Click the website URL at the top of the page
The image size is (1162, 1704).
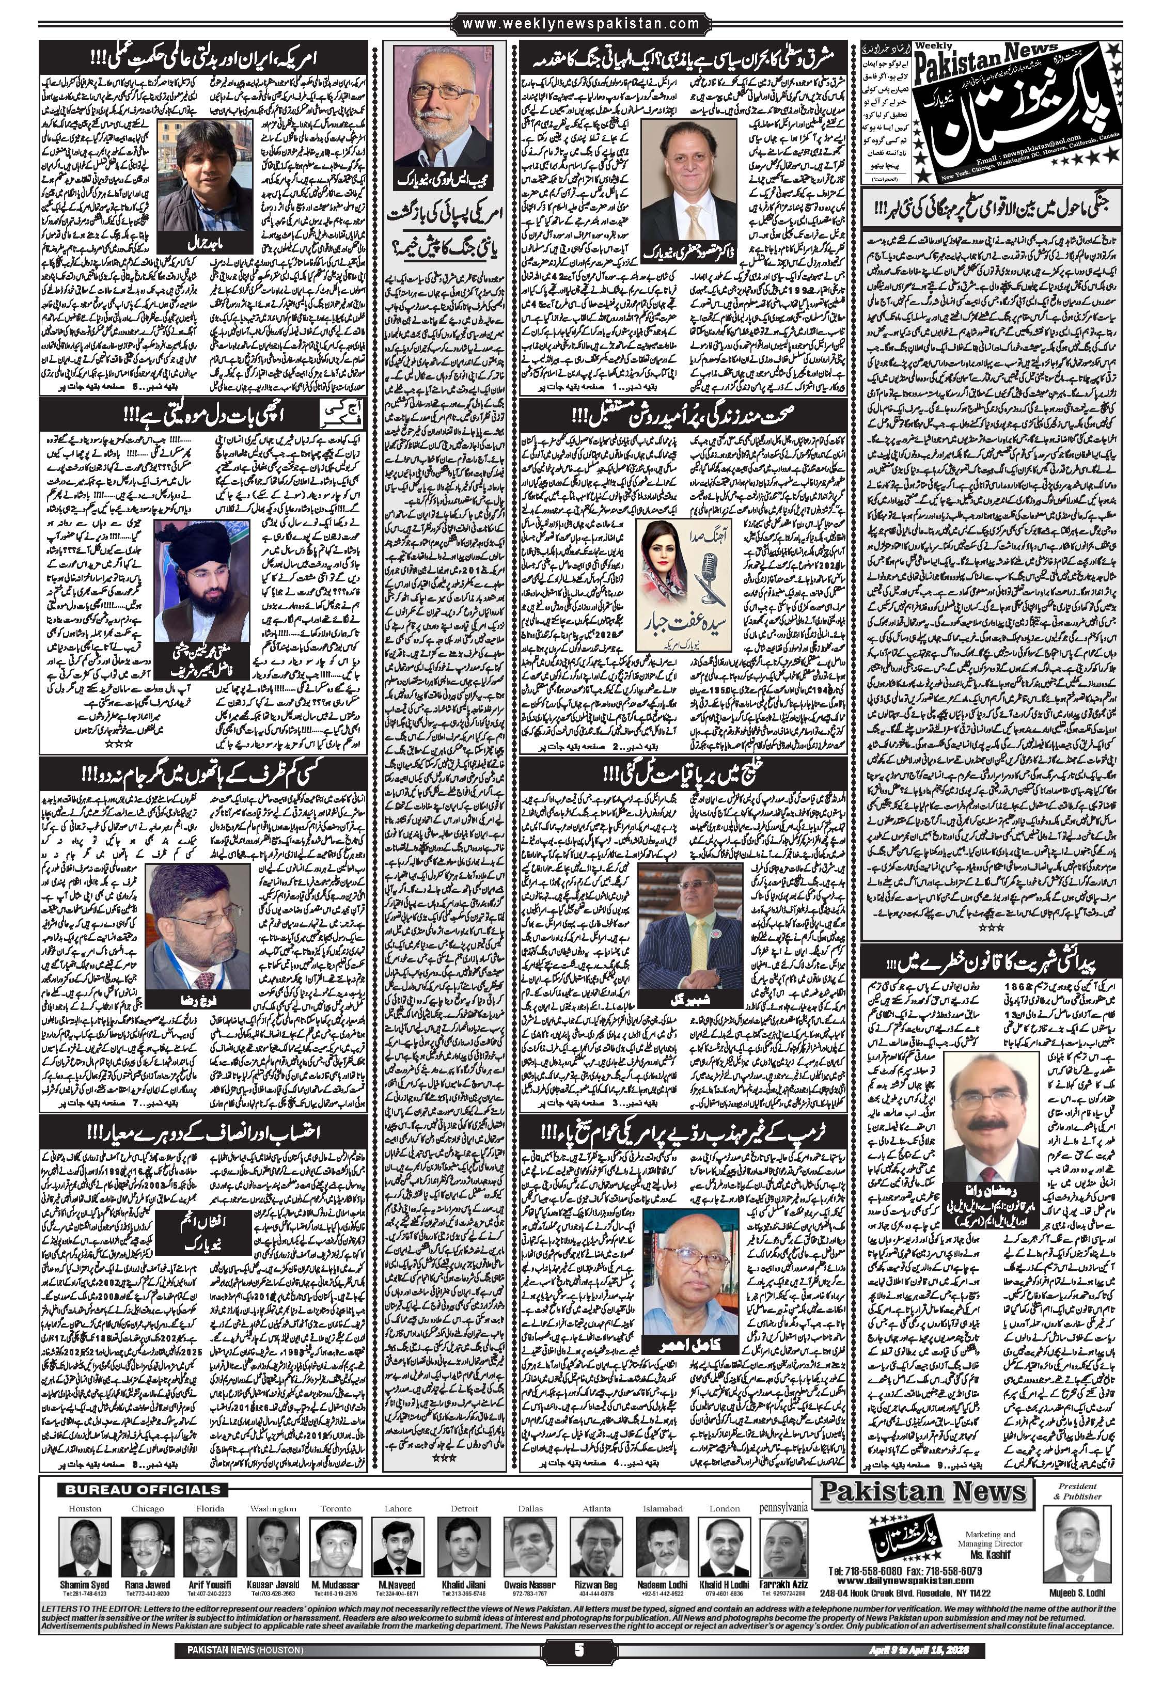(x=580, y=24)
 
